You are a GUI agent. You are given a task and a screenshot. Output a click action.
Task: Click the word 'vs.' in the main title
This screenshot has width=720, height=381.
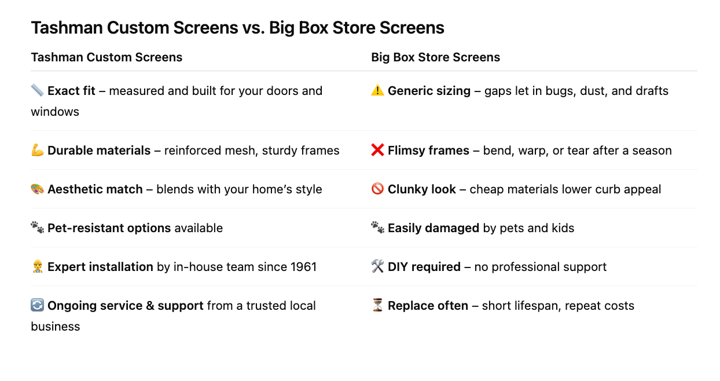coord(254,28)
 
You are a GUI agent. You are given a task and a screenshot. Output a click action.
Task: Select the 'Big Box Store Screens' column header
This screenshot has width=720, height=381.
coord(436,57)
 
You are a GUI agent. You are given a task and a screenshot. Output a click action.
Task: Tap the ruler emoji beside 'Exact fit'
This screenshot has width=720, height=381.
coord(37,90)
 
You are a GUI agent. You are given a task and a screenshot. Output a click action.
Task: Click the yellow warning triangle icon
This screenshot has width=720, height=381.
coord(377,90)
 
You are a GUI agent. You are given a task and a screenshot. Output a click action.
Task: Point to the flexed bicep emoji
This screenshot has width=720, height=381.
coord(37,150)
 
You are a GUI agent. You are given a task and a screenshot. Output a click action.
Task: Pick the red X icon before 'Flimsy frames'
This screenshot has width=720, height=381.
coord(377,150)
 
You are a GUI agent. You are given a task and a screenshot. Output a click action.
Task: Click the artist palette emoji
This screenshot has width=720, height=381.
coord(37,189)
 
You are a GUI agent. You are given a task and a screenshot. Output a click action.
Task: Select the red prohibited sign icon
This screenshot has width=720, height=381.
coord(377,189)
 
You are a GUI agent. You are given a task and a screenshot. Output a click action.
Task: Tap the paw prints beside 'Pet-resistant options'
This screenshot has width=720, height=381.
coord(37,228)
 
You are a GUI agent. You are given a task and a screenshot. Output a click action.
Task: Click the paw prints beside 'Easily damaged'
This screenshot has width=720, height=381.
coord(377,228)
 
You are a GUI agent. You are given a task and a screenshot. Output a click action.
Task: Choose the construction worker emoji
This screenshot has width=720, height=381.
coord(37,266)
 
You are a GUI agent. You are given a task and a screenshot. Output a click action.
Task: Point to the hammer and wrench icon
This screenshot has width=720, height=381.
coord(377,266)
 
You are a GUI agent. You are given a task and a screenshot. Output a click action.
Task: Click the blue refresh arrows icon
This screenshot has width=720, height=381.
coord(37,305)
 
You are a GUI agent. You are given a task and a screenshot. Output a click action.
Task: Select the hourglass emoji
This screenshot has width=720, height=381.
coord(377,305)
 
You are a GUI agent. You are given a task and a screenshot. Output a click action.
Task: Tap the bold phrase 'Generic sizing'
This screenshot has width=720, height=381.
coord(429,91)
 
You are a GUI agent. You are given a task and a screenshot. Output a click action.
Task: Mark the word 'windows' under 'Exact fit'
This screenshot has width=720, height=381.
coord(55,112)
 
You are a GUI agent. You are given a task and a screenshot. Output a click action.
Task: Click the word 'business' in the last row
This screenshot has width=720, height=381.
coord(56,327)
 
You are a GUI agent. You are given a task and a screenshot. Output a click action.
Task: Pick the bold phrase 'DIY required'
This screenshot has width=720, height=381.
coord(424,267)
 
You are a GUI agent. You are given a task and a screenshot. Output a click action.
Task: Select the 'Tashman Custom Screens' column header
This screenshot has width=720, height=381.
coord(106,57)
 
